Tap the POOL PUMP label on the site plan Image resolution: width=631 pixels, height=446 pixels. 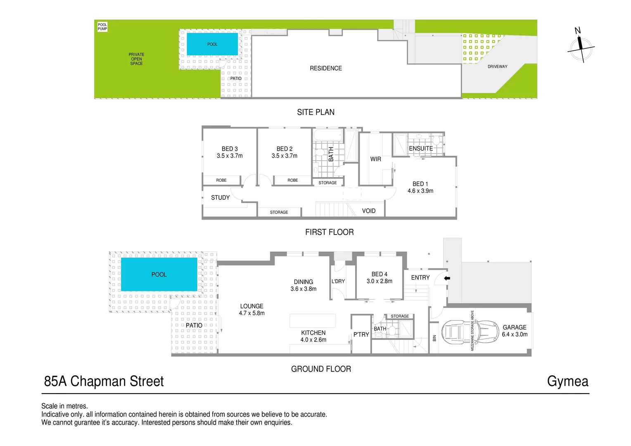pos(102,27)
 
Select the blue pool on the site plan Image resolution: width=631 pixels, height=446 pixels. pos(212,44)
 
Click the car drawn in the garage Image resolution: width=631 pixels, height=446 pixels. pos(470,332)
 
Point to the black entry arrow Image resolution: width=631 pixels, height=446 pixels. pos(447,278)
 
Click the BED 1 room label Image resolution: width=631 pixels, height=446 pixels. pos(420,184)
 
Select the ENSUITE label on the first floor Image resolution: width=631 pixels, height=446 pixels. pos(421,149)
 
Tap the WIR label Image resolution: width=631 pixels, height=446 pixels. pos(375,159)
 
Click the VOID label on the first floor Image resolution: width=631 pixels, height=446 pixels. pos(368,211)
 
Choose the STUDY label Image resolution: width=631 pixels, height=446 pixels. pos(220,198)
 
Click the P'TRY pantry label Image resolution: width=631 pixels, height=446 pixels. pos(361,334)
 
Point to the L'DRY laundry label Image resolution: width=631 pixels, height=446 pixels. pos(338,281)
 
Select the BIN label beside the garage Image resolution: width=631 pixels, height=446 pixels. pos(434,338)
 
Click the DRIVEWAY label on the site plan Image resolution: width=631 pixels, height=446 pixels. pos(497,66)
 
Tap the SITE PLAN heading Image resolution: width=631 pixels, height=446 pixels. pos(315,112)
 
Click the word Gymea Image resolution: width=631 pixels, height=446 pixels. pos(567,381)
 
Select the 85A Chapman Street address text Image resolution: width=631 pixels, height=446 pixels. pos(104,381)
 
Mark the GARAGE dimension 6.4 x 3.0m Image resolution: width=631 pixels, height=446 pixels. pos(515,334)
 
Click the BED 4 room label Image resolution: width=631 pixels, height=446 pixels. pos(379,274)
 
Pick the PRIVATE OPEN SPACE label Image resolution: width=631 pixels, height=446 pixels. pos(136,59)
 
